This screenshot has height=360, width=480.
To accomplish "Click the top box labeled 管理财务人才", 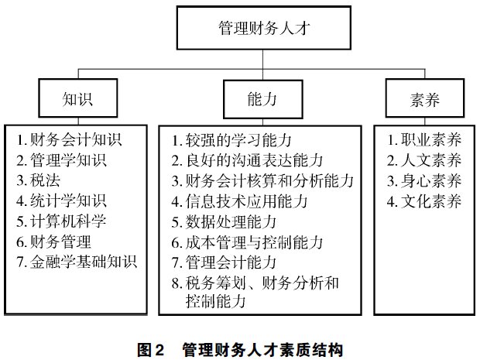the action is click(263, 28).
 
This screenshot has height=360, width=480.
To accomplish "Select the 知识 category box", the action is click(77, 98).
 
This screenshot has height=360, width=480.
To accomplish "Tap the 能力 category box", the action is click(263, 99).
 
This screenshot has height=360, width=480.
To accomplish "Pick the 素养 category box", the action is click(425, 98).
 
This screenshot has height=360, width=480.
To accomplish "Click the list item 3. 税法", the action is click(38, 180).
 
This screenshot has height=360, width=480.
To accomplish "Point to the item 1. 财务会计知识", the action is click(69, 139).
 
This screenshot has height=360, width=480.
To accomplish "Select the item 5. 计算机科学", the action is click(61, 221).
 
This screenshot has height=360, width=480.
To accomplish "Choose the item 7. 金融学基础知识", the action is click(77, 262).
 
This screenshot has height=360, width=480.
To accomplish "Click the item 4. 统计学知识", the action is click(61, 201).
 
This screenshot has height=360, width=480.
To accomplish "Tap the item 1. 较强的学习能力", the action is click(231, 140).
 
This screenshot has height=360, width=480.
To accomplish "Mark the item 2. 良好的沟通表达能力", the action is click(247, 160).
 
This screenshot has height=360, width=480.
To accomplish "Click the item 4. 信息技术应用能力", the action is click(239, 201).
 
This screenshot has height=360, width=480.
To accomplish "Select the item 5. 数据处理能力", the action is click(224, 222).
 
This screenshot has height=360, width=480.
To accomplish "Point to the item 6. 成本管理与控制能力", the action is click(247, 242).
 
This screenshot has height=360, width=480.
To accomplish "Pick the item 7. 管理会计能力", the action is click(224, 262).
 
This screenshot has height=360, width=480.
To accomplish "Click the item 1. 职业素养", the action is click(424, 139).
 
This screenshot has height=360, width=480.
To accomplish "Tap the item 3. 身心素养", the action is click(424, 180).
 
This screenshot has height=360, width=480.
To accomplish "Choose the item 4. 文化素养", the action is click(424, 201).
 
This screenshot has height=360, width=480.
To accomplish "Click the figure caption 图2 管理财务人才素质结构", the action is click(240, 350).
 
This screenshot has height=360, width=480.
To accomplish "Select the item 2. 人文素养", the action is click(424, 160).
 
